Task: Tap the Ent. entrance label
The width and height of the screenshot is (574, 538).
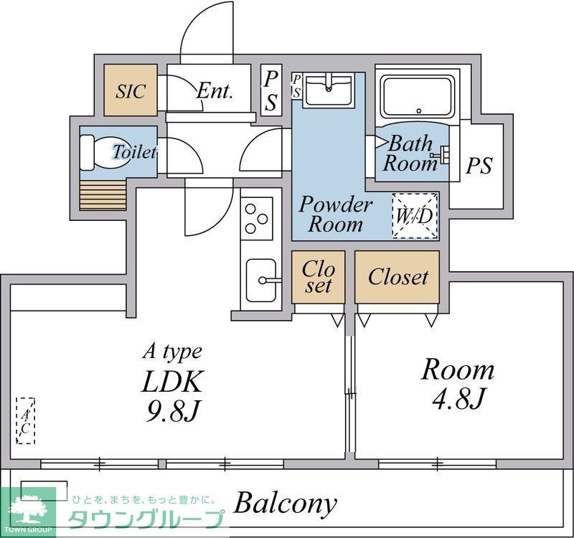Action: [215, 91]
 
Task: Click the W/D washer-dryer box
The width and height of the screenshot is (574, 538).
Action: [415, 215]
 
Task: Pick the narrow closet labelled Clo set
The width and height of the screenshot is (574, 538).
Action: [318, 277]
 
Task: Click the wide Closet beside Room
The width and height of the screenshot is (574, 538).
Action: [397, 277]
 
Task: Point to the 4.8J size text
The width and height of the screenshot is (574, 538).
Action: [457, 397]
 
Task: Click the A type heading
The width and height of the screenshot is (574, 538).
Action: [173, 351]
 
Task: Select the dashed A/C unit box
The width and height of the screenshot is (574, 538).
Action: [25, 420]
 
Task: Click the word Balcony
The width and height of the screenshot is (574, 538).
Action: [285, 503]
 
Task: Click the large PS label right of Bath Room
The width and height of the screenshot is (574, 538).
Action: [479, 166]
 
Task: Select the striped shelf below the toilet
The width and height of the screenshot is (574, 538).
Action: [103, 194]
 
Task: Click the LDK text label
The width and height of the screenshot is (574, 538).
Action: [173, 380]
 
